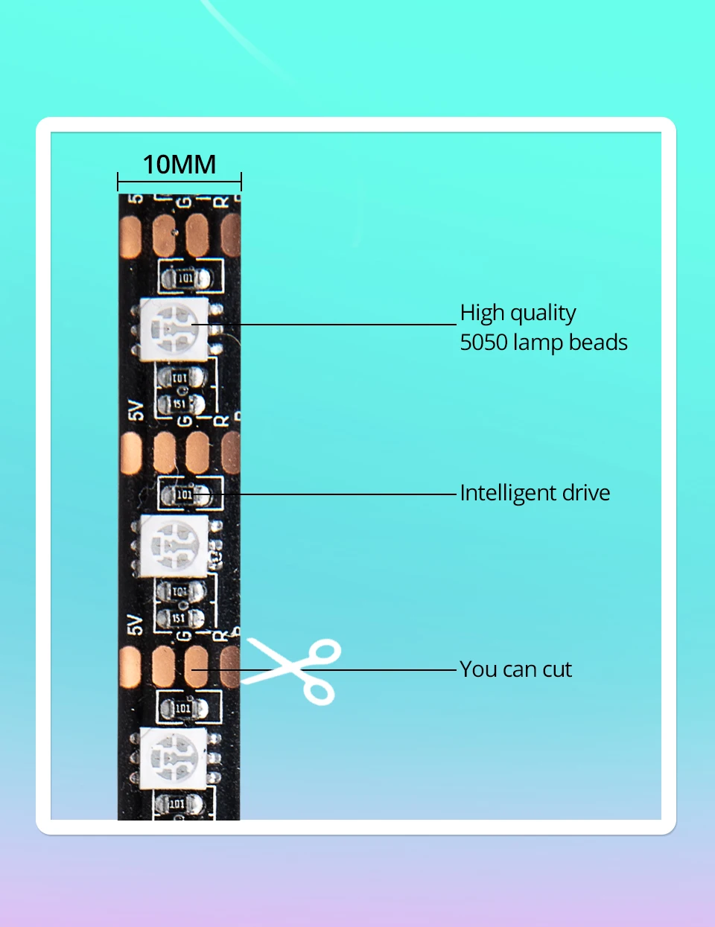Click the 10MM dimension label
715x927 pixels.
(179, 165)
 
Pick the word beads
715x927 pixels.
(598, 343)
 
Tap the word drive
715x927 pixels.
(585, 493)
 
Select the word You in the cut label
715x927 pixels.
(478, 669)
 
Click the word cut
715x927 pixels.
(557, 669)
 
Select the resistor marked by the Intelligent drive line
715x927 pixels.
(184, 494)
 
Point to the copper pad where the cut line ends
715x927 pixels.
(196, 666)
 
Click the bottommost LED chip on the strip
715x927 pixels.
(174, 758)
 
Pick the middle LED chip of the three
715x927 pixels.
(174, 546)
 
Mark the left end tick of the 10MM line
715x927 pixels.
(118, 182)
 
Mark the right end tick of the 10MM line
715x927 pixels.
(241, 182)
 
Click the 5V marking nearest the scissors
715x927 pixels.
(135, 624)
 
